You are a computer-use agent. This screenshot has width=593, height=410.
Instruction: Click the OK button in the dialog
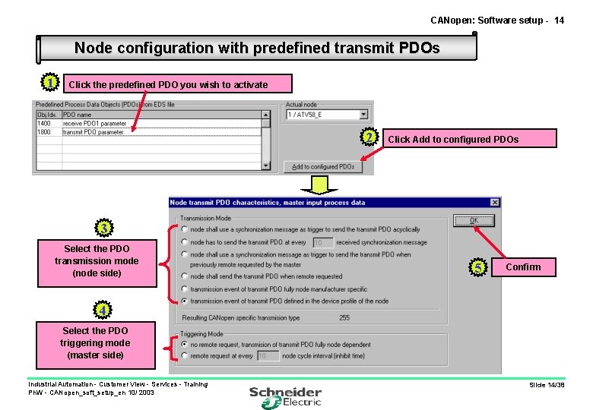click(474, 220)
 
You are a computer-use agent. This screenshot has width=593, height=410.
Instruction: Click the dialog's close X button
click(495, 203)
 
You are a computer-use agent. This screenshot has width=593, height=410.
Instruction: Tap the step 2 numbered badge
click(369, 137)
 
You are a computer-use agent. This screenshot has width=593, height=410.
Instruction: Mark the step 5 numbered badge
click(477, 266)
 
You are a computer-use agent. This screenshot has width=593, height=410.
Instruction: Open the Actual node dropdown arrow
click(363, 115)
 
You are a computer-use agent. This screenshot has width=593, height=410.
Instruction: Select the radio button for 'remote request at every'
click(185, 355)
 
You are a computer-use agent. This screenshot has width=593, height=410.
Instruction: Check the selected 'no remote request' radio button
click(185, 344)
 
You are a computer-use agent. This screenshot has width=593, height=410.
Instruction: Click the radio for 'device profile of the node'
click(185, 301)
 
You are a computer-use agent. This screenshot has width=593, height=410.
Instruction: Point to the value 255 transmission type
click(344, 318)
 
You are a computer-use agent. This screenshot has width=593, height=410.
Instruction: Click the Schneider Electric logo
click(286, 396)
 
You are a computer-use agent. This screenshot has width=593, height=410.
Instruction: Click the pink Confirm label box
click(523, 266)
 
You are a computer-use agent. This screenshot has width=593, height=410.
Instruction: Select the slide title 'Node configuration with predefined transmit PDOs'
click(257, 48)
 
